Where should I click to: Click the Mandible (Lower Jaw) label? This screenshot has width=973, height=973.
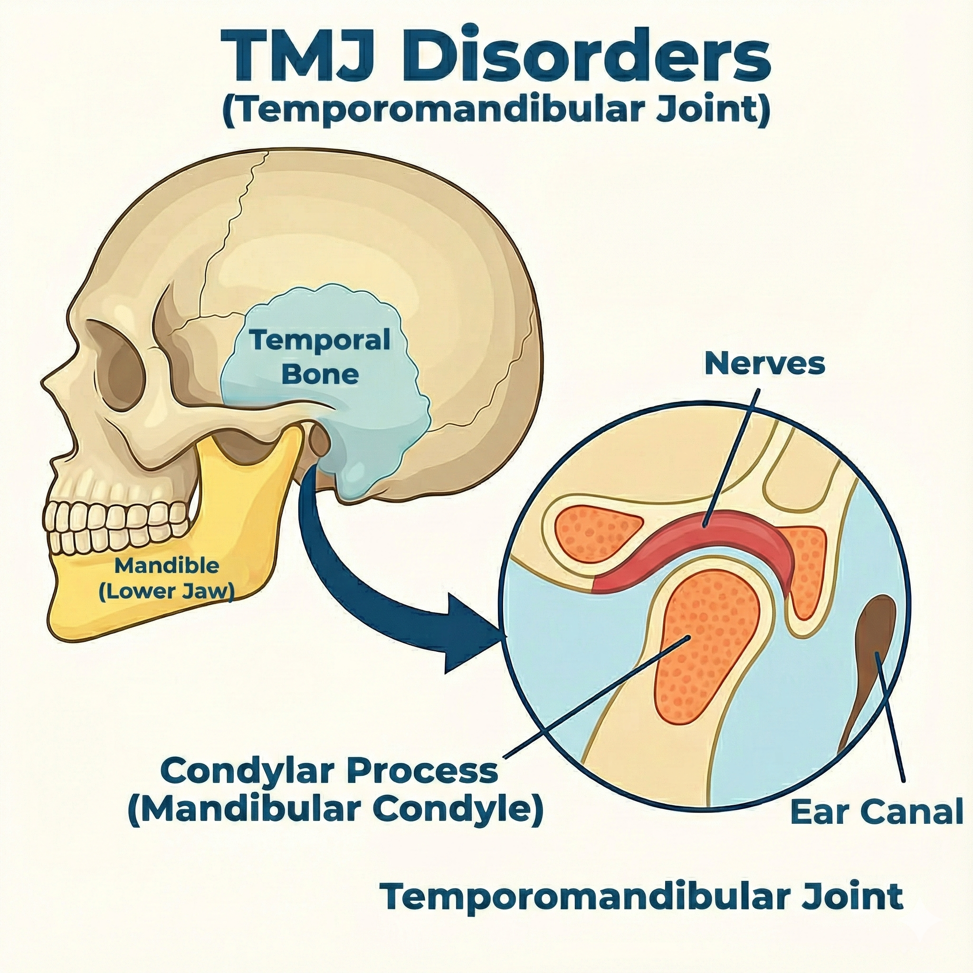(x=166, y=579)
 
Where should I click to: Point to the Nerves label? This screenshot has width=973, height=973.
(x=764, y=363)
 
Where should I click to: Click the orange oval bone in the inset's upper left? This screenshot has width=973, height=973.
(x=597, y=534)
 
